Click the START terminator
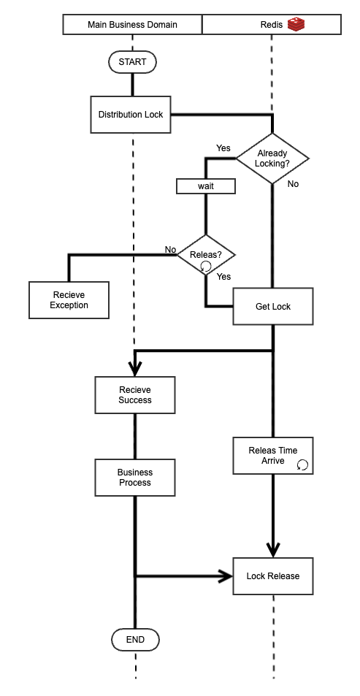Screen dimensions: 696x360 pyautogui.click(x=132, y=62)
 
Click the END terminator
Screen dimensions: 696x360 pyautogui.click(x=135, y=640)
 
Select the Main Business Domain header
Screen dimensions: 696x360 pyautogui.click(x=132, y=25)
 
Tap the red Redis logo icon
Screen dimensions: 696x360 pyautogui.click(x=295, y=24)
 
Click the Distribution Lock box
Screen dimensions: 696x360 pyautogui.click(x=131, y=115)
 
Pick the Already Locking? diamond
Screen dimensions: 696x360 pyautogui.click(x=272, y=158)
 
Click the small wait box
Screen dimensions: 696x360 pyautogui.click(x=206, y=186)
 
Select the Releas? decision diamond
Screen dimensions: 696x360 pyautogui.click(x=206, y=255)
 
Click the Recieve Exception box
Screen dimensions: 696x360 pyautogui.click(x=69, y=300)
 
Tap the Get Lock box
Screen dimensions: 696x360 pyautogui.click(x=272, y=307)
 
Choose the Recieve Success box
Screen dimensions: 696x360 pyautogui.click(x=135, y=395)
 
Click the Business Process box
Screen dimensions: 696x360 pyautogui.click(x=135, y=478)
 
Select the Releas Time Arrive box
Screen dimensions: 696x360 pyautogui.click(x=272, y=456)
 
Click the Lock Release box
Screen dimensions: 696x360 pyautogui.click(x=272, y=576)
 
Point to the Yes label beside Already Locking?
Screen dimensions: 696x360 pyautogui.click(x=223, y=148)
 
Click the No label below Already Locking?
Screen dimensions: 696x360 pyautogui.click(x=293, y=184)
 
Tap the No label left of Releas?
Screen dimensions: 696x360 pyautogui.click(x=170, y=250)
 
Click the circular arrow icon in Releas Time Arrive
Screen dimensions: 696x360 pyautogui.click(x=302, y=464)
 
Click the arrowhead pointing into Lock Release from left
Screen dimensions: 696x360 pyautogui.click(x=225, y=576)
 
